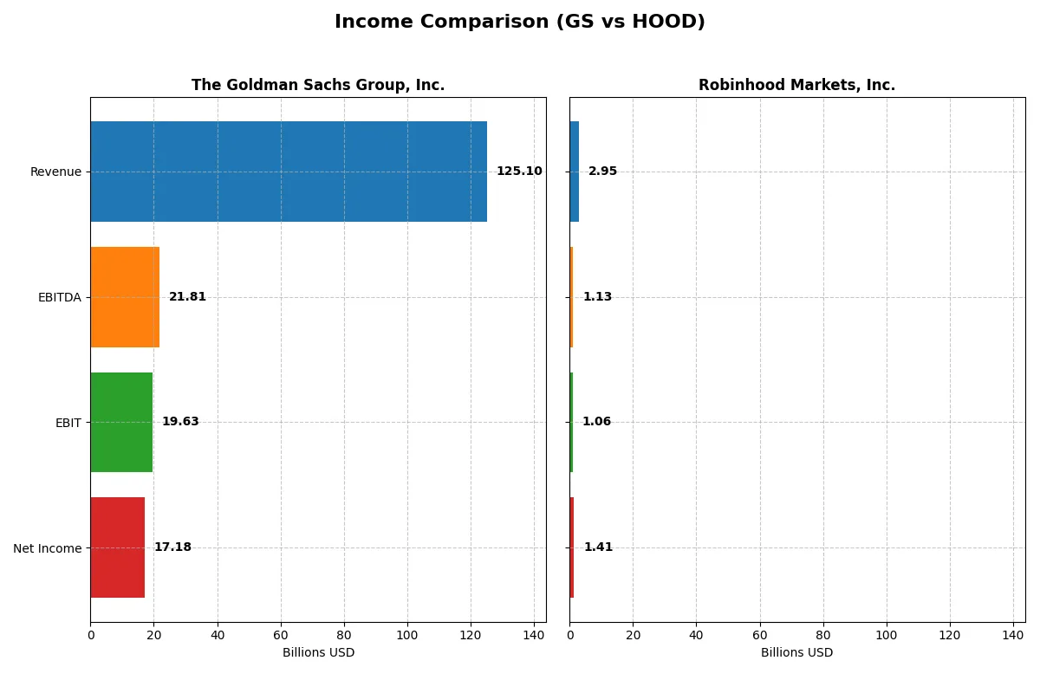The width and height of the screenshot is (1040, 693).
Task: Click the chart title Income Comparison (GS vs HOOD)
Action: tap(519, 22)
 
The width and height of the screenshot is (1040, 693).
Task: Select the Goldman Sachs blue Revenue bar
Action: tap(288, 172)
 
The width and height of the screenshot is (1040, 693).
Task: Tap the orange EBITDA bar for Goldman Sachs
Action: tap(125, 297)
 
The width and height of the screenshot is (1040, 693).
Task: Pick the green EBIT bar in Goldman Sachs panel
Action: tap(121, 422)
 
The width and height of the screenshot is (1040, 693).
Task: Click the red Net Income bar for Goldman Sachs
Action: tap(118, 547)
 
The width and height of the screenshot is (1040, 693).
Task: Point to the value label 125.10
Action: tap(519, 172)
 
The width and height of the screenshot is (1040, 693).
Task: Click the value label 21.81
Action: tap(187, 297)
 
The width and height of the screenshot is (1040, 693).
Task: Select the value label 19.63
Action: tap(180, 422)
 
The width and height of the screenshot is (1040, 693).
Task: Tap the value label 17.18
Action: tap(172, 547)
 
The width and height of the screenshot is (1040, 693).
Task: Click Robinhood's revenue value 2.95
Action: tap(602, 172)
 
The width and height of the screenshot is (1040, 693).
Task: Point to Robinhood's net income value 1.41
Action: tap(598, 547)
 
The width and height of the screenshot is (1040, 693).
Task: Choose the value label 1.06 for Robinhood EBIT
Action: tap(596, 422)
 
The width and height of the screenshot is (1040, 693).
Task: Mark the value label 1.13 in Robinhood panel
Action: tap(597, 297)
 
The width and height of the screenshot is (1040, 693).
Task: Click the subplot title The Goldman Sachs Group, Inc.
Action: tap(318, 85)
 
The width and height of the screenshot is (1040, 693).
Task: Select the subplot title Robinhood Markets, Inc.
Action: tap(796, 85)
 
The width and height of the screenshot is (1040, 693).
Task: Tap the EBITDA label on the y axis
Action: tap(60, 297)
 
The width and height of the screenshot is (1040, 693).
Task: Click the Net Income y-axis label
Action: tap(48, 547)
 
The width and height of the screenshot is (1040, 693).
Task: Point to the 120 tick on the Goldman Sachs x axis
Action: tap(471, 634)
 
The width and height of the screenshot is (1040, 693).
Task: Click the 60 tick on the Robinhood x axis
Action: tap(760, 634)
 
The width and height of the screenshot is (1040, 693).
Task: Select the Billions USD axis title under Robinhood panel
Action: tap(796, 652)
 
